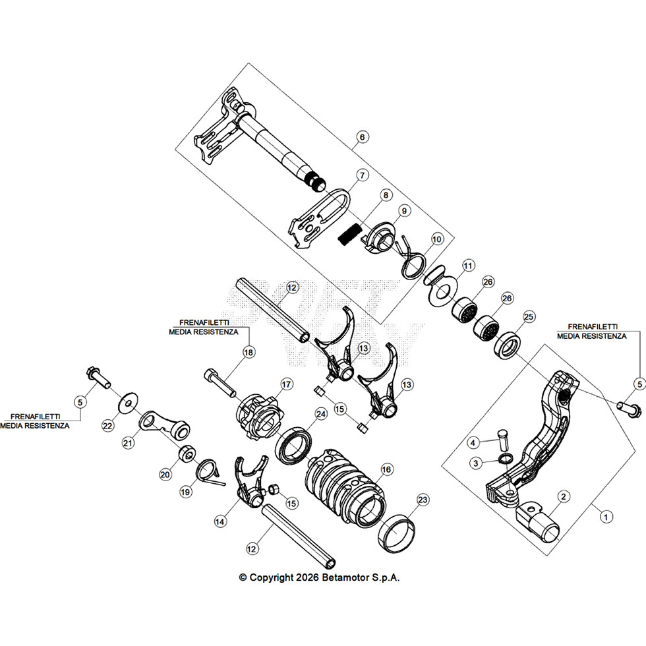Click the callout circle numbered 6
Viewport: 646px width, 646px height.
point(362,137)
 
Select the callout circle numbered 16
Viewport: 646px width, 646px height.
point(386,469)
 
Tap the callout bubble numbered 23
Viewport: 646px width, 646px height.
point(423,500)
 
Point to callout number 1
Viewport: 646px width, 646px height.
point(606,517)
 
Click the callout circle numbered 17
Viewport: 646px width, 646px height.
point(286,384)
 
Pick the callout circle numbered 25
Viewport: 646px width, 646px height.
point(529,317)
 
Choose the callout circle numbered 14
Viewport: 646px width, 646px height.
point(220,521)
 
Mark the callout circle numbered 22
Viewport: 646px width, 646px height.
point(108,426)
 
